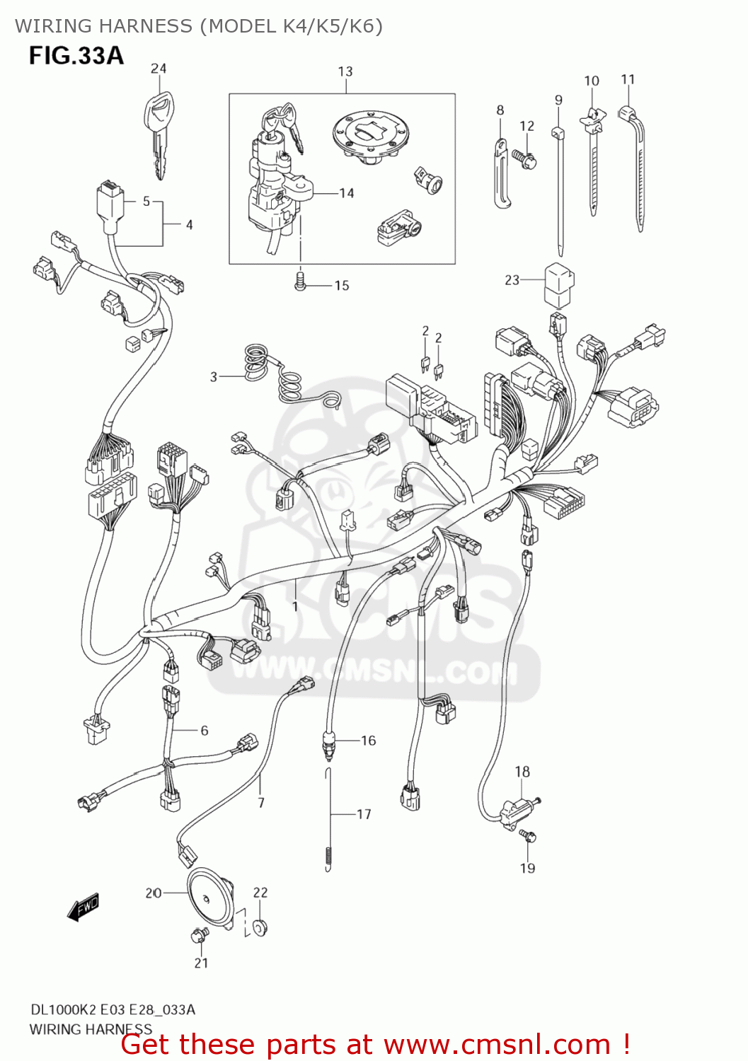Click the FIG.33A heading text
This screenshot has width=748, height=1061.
click(76, 56)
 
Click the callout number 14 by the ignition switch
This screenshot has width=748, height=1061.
click(346, 193)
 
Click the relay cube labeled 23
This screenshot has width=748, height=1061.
click(558, 286)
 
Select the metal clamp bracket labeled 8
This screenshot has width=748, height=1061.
click(502, 174)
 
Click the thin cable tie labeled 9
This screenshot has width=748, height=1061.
click(559, 191)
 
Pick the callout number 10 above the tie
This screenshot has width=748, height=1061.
click(592, 81)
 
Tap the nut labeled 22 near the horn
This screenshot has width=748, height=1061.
click(260, 926)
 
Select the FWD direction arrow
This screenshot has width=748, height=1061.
click(84, 908)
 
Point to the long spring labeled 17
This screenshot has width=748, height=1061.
click(328, 821)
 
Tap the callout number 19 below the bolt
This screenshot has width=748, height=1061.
click(528, 868)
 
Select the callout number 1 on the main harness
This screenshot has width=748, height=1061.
click(295, 606)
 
